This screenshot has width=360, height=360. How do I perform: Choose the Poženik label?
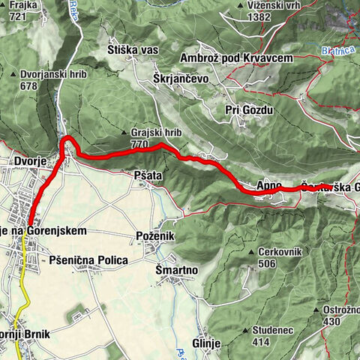tap(155, 235)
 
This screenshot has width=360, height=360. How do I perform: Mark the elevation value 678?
tap(29, 85)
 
